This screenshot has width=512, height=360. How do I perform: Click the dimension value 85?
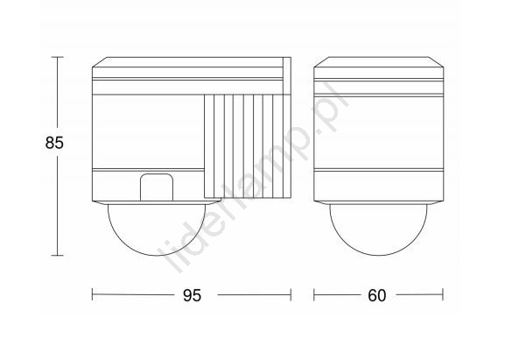coord(54,143)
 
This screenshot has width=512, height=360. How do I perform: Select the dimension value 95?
coord(192,295)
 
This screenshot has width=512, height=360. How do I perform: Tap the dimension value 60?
coord(377,295)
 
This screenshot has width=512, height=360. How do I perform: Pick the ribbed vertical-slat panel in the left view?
coord(247,146)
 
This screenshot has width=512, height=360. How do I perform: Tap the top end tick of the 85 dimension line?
coord(58,57)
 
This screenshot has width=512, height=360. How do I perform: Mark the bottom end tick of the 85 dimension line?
coord(58,255)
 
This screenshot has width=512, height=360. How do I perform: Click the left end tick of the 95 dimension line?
coord(93,294)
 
